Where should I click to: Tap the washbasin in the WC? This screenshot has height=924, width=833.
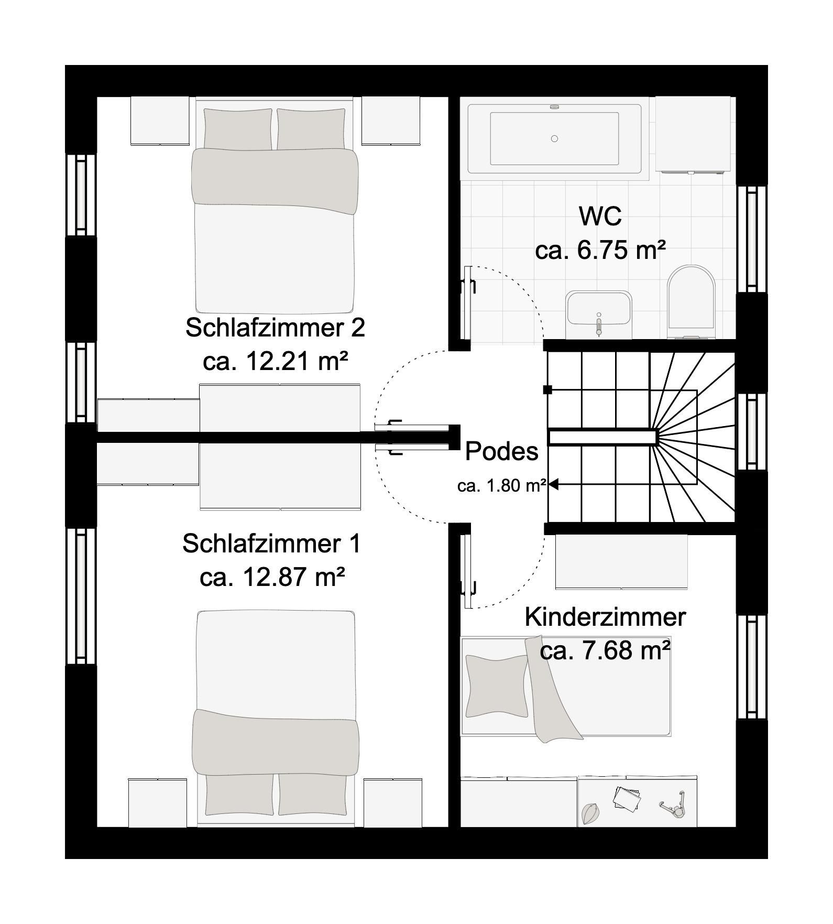click(x=599, y=314)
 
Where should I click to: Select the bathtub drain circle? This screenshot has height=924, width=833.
click(x=554, y=138)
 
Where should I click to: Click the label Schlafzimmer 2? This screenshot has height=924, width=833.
click(x=275, y=328)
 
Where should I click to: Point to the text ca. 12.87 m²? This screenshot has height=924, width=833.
click(x=272, y=577)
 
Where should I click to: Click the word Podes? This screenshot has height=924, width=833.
click(x=501, y=451)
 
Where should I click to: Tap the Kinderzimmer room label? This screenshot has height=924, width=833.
click(x=605, y=617)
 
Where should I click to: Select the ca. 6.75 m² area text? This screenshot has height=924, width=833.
click(x=600, y=250)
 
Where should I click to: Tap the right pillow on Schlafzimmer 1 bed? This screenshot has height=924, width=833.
click(x=312, y=794)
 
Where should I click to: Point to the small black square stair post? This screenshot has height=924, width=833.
click(x=547, y=389)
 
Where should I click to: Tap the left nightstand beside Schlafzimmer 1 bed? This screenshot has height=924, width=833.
click(x=158, y=803)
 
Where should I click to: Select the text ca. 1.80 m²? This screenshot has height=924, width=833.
click(x=501, y=486)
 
